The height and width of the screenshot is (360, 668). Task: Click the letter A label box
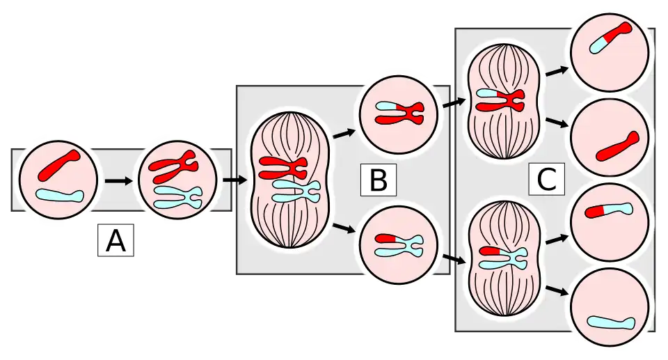[x=116, y=240]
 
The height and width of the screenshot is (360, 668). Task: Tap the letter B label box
[x=378, y=180]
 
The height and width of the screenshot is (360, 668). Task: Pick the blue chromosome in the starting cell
[x=60, y=196]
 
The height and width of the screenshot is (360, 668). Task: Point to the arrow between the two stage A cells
[x=118, y=181]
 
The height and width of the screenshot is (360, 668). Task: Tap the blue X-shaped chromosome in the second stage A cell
[x=177, y=196]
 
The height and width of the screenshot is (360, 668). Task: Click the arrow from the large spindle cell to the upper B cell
[x=342, y=132]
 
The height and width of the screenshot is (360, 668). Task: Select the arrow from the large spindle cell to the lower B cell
[x=342, y=228]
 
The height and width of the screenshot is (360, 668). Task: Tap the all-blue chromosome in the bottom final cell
[x=611, y=322]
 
